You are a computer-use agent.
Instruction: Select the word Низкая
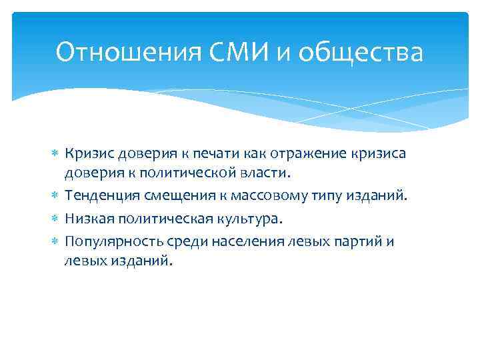86,219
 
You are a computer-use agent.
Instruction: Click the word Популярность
106,241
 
